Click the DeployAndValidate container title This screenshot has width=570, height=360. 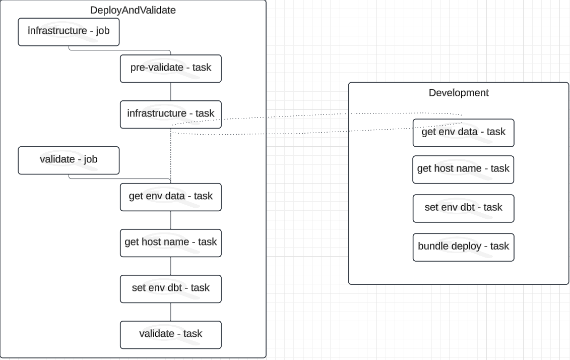133,10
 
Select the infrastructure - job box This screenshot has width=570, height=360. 69,32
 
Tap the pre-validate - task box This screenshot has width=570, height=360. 170,69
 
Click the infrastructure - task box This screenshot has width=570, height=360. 170,114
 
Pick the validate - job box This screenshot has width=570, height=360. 69,160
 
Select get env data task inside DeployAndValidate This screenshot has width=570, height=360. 170,197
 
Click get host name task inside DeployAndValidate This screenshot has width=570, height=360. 170,243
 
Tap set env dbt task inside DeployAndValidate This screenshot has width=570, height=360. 170,288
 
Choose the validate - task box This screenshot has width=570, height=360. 170,334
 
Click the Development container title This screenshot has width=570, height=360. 458,93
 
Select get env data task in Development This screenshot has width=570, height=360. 463,133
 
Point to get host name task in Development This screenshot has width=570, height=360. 463,169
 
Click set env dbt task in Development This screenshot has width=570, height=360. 463,208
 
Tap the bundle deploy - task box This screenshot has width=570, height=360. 463,247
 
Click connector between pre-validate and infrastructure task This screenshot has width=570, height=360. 170,92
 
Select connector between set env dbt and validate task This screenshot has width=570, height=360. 170,312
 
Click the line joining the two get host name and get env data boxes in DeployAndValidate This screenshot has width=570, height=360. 170,220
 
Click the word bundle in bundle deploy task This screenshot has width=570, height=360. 432,247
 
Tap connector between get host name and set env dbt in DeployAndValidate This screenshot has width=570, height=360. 170,266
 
